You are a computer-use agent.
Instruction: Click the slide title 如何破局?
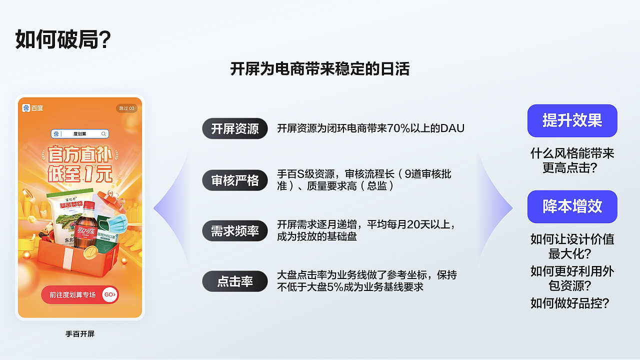[x=63, y=39]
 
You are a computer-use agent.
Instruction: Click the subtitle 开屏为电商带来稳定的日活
[x=319, y=68]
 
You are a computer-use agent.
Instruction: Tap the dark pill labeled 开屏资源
[x=235, y=128]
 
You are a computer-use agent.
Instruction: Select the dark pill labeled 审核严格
[x=235, y=180]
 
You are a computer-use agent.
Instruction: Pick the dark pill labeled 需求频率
[x=235, y=231]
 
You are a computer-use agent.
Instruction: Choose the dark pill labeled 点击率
[x=235, y=281]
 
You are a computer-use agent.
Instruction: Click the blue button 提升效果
[x=572, y=120]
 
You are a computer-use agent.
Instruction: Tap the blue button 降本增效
[x=572, y=206]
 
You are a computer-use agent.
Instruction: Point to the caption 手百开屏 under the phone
[x=80, y=333]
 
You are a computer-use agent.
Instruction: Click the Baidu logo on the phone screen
[x=33, y=108]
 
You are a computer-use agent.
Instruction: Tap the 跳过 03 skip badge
[x=126, y=108]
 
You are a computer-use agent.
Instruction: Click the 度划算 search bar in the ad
[x=80, y=134]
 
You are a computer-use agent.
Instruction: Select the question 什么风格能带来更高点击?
[x=572, y=160]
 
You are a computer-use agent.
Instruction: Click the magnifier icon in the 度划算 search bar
[x=104, y=134]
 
